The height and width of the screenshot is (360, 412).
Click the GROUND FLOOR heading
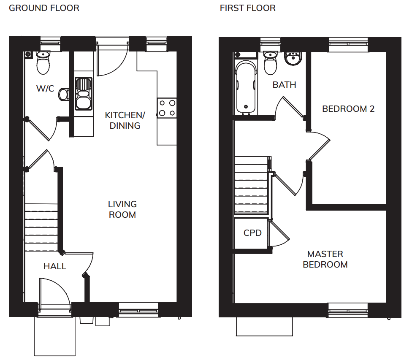point(44,8)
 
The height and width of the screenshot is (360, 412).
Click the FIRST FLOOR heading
point(247,8)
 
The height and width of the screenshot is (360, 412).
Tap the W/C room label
point(45,89)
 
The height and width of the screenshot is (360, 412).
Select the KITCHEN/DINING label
point(125,120)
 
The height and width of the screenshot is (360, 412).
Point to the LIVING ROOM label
point(122,209)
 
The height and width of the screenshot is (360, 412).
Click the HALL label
point(54,266)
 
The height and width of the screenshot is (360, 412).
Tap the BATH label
point(284,85)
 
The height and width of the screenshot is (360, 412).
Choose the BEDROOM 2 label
point(348,109)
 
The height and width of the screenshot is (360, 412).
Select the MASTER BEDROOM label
point(325,259)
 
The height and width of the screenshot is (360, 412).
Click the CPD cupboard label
point(252,233)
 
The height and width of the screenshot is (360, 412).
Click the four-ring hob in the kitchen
point(167,108)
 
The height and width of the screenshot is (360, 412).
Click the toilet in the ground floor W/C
point(43,62)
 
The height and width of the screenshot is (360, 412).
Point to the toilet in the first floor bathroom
point(270,63)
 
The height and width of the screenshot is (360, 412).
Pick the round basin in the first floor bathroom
point(293,58)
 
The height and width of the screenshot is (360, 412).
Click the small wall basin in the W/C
point(64,95)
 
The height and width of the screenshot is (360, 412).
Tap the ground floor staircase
point(41,227)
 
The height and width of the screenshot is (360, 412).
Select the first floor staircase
point(251,185)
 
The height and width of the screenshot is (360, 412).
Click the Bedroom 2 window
point(348,44)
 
